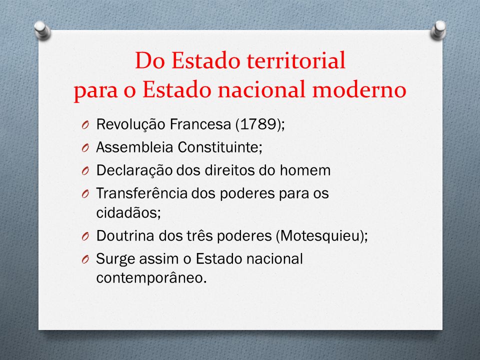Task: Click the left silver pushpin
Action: [42, 30]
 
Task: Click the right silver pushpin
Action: [438, 29]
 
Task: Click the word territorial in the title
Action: [296, 60]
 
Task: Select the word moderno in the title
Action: [359, 89]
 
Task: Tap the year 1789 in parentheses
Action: [258, 124]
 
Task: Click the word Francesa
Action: [200, 124]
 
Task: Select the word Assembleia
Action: [134, 147]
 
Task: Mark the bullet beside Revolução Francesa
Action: [85, 125]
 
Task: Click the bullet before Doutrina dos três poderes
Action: [85, 236]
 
